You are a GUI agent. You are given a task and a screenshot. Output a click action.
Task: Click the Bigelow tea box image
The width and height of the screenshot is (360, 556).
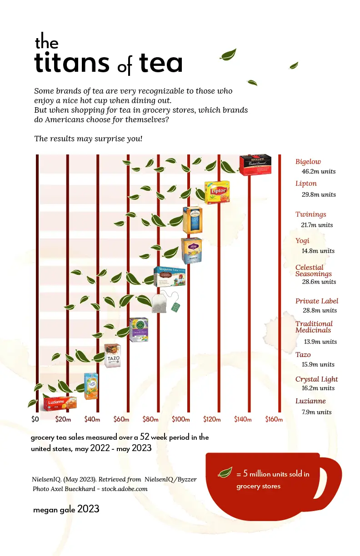[x=255, y=165]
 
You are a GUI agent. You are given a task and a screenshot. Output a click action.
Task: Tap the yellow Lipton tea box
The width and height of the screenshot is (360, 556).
[x=217, y=192]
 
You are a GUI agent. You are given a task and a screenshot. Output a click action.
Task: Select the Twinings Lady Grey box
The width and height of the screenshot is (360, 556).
[x=192, y=220]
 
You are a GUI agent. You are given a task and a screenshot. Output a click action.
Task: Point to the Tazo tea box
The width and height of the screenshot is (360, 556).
[x=112, y=355]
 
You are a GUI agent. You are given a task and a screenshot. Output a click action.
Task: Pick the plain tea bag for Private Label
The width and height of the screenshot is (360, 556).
[x=160, y=303]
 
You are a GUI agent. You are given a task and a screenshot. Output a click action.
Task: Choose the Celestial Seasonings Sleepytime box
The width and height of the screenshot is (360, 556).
[x=169, y=277]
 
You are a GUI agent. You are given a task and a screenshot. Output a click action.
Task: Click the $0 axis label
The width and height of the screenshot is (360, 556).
[x=35, y=419]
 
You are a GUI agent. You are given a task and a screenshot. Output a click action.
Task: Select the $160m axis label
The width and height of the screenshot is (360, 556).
[x=274, y=419]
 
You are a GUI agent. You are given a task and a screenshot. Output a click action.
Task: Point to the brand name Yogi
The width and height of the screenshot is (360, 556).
[x=302, y=241]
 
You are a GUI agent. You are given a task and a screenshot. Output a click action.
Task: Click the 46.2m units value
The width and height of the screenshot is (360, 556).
[x=319, y=172]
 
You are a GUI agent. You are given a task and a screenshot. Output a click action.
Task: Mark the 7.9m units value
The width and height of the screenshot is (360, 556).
[x=317, y=412]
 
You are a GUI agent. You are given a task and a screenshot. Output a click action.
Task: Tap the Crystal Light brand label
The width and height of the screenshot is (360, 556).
[x=316, y=379]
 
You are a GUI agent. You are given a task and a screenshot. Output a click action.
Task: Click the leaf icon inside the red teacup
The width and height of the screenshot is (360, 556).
[x=225, y=472]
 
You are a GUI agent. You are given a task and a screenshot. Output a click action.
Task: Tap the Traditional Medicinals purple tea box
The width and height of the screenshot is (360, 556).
[x=139, y=329]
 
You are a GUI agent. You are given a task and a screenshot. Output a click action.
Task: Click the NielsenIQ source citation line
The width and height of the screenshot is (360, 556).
[x=114, y=479]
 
